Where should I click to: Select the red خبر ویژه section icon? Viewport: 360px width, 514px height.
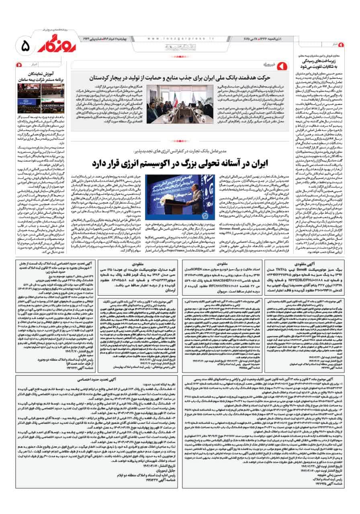tap(281, 64)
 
